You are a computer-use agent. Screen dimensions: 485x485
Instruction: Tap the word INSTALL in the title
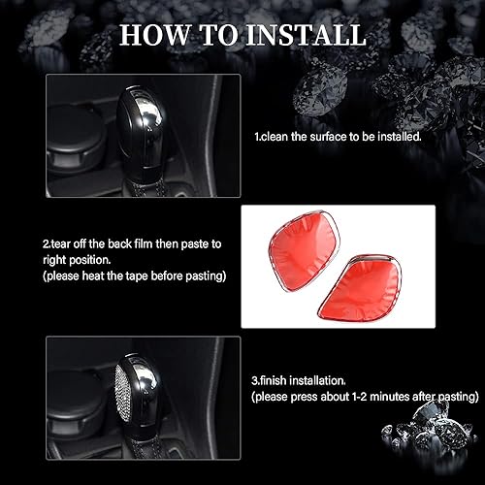[308, 36]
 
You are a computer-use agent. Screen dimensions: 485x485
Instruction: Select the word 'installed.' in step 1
[400, 138]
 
